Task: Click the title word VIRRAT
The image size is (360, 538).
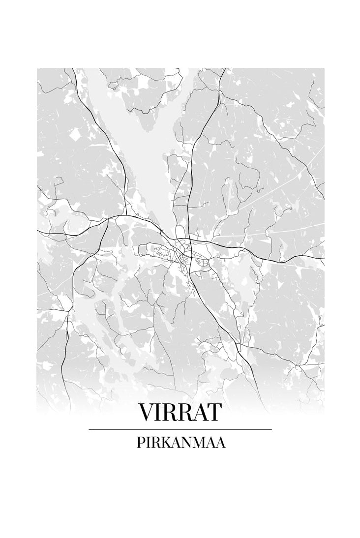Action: pyautogui.click(x=180, y=413)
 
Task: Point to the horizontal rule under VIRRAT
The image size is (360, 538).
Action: pyautogui.click(x=180, y=429)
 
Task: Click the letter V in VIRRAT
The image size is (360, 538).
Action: pyautogui.click(x=147, y=413)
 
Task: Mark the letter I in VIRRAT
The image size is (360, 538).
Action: pyautogui.click(x=159, y=413)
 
